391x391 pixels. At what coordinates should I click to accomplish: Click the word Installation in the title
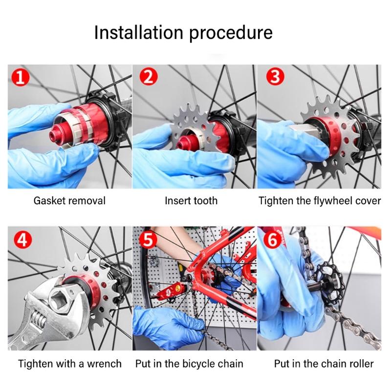coord(138,33)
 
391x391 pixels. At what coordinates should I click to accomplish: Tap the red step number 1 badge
coord(20,77)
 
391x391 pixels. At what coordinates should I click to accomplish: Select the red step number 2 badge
coord(147,77)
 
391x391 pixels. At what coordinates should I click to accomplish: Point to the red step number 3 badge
coord(275,77)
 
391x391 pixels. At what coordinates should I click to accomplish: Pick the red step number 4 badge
coord(20,239)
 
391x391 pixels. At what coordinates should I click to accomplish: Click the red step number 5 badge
coord(147,239)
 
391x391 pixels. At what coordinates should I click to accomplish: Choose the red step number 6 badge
coord(275,239)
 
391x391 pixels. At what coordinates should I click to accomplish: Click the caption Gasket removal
coord(69,200)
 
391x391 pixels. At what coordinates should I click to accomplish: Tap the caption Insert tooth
coord(191,200)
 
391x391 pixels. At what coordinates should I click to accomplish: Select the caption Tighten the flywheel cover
coord(320,200)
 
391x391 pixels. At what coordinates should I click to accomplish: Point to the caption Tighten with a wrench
coord(70,364)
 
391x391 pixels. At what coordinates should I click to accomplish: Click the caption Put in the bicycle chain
coord(189,364)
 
